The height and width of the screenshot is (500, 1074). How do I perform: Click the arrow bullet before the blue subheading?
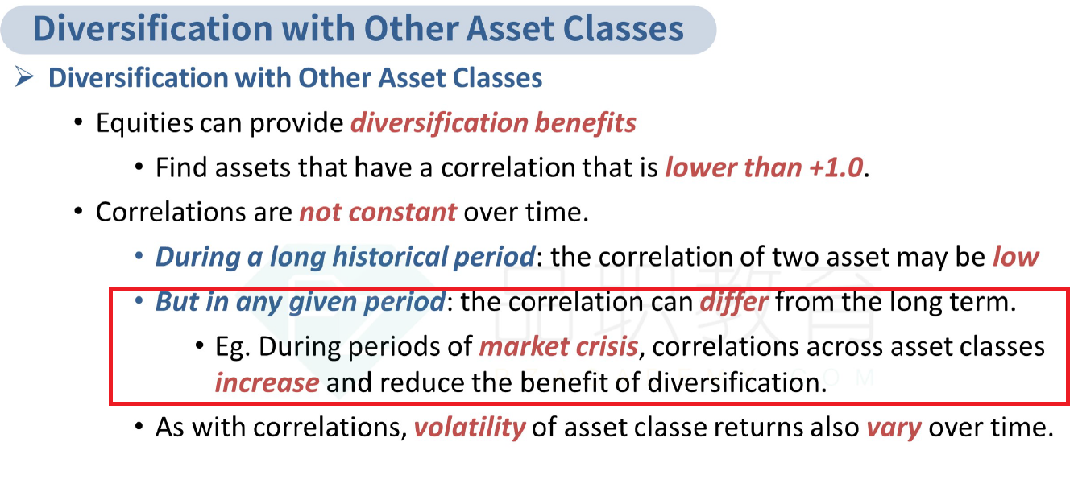click(24, 77)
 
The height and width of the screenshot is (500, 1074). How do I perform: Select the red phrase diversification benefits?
click(493, 123)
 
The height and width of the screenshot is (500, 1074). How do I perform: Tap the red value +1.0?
click(836, 167)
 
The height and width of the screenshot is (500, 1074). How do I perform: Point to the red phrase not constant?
click(378, 213)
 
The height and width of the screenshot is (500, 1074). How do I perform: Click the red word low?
click(1015, 256)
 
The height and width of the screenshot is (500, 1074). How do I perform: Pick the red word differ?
click(734, 302)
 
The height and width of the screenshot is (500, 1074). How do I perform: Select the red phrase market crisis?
click(558, 346)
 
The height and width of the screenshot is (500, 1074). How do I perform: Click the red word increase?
click(267, 383)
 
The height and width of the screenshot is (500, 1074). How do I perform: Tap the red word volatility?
click(470, 428)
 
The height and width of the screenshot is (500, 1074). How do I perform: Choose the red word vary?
click(894, 428)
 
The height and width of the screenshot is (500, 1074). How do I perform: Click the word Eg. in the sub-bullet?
click(233, 347)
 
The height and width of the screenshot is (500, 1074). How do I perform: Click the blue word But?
click(177, 302)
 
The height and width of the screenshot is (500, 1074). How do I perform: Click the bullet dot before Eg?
click(201, 346)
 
